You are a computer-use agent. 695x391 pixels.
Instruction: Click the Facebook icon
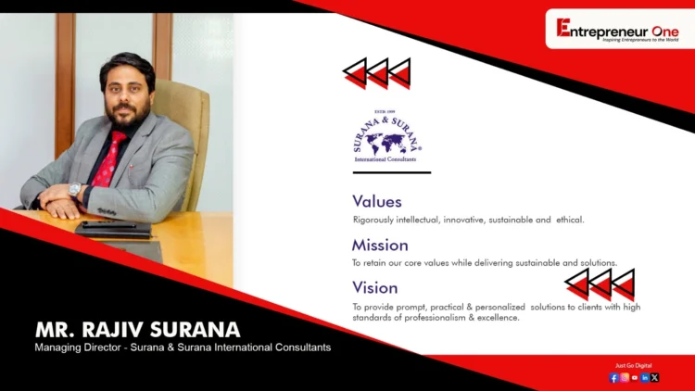click(614, 378)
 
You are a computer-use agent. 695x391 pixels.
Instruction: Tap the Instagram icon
click(625, 378)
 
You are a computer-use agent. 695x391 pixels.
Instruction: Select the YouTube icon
click(635, 378)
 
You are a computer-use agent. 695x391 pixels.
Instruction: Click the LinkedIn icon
click(645, 378)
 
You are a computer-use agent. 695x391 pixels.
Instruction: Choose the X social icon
click(655, 378)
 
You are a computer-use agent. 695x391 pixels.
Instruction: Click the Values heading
click(377, 201)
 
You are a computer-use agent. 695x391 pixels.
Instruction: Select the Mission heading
click(380, 246)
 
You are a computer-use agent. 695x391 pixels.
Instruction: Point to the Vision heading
click(375, 288)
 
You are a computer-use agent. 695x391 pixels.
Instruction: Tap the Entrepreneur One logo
click(617, 30)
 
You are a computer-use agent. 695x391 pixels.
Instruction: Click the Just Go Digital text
click(635, 366)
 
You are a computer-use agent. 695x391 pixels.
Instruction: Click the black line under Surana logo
click(392, 172)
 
